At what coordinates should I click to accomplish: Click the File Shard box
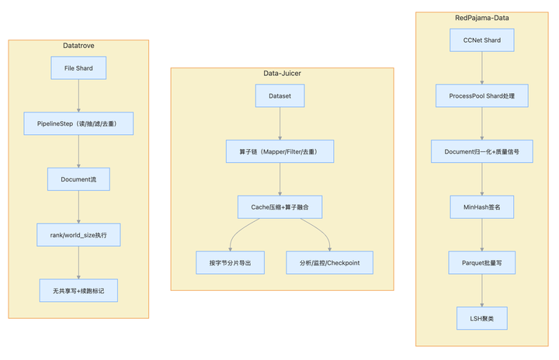tap(78, 67)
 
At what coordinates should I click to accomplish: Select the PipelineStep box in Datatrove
tap(78, 123)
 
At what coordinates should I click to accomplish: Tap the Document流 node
tap(78, 179)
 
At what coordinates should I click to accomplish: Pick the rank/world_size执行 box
tap(78, 234)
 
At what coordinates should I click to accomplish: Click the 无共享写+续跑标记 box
tap(78, 290)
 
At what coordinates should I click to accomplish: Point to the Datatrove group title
tap(78, 46)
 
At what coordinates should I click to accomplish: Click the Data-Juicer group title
tap(282, 74)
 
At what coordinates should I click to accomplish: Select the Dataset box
tap(279, 95)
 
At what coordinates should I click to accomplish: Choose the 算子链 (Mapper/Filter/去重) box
tap(279, 151)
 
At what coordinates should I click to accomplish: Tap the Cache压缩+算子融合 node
tap(279, 206)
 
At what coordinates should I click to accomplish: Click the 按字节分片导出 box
tap(230, 263)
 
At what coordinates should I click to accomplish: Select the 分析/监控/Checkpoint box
tap(329, 263)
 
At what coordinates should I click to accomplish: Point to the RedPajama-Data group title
tap(481, 18)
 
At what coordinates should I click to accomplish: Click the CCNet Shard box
tap(481, 40)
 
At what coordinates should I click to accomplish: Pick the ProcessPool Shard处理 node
tap(481, 95)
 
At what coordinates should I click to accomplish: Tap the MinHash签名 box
tap(481, 206)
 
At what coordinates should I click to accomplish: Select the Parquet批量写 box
tap(481, 263)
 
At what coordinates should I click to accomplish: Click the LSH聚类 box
tap(481, 318)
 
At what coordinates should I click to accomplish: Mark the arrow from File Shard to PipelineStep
tap(78, 95)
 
